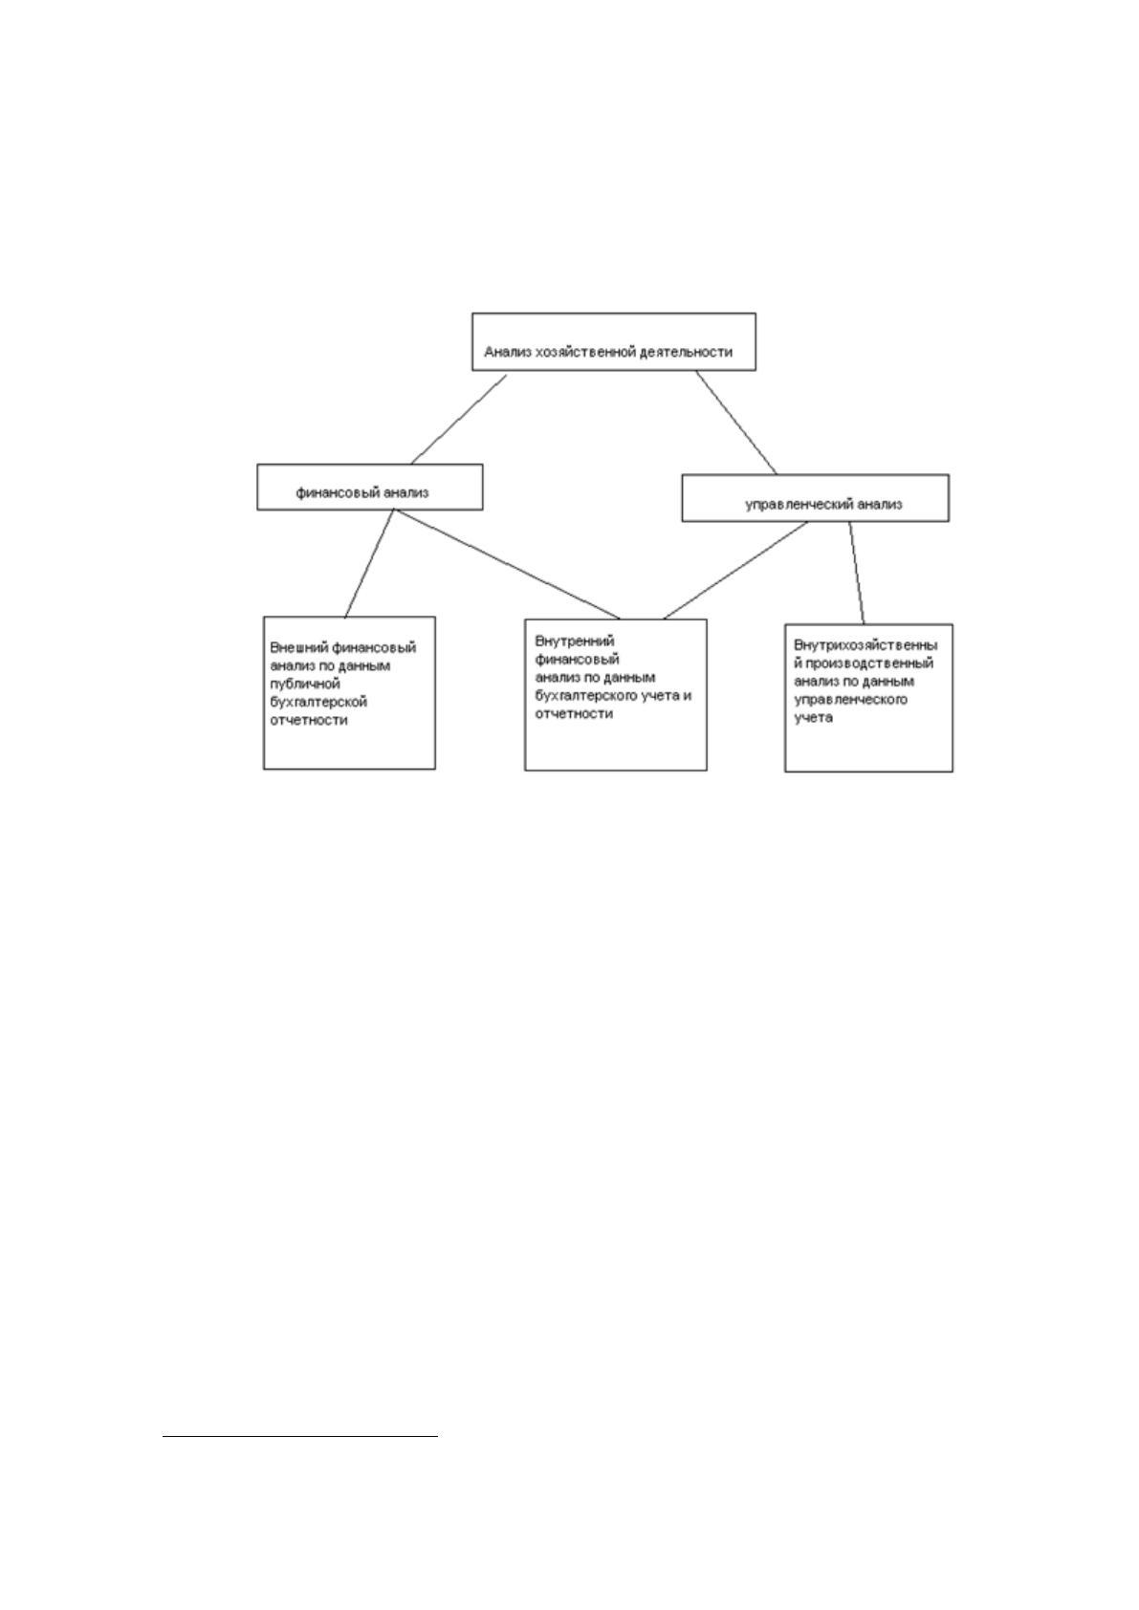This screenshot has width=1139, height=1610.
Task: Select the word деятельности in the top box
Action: point(688,352)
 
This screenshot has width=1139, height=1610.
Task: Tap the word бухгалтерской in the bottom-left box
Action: point(318,702)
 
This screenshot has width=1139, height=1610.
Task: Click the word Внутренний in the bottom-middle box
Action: point(575,642)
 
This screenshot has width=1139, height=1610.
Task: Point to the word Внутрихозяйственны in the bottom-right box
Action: point(865,645)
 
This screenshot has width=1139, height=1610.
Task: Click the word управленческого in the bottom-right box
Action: point(850,699)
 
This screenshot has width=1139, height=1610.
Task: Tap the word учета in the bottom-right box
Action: point(813,717)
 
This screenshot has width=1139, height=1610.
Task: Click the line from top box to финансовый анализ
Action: point(459,420)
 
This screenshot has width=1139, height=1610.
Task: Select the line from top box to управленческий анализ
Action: point(736,423)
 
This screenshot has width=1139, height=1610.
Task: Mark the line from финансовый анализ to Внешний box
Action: point(369,563)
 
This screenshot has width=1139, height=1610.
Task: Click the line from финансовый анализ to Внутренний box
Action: point(507,564)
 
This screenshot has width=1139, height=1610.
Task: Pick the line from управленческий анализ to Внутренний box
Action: point(735,570)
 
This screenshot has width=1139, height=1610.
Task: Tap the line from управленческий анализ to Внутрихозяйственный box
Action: point(857,573)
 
